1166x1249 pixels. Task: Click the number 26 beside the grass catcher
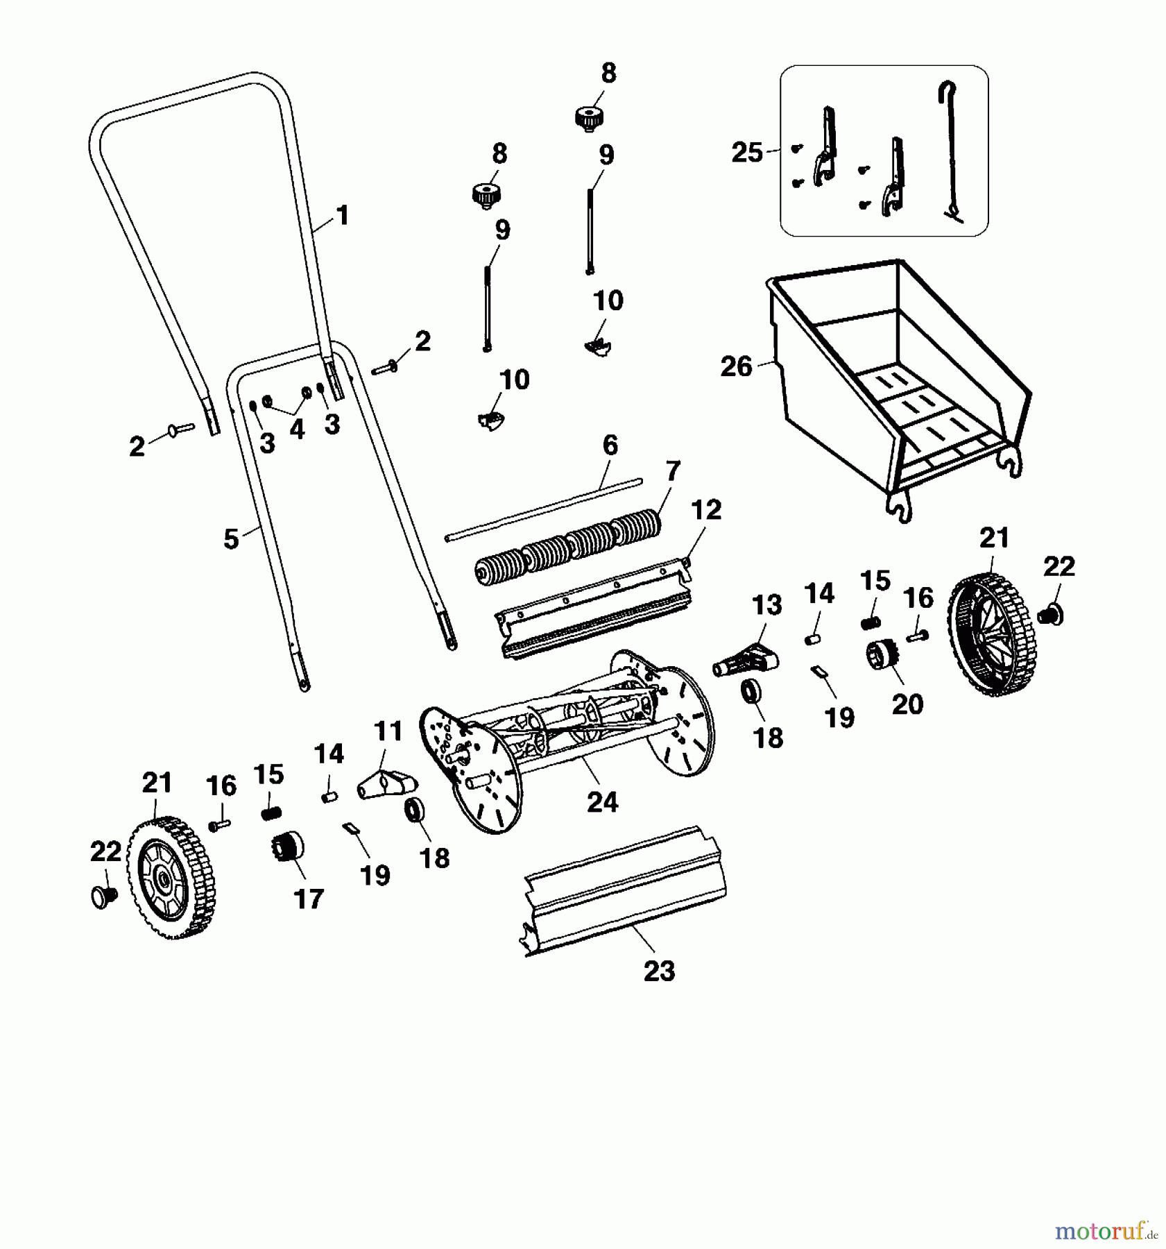[x=736, y=366]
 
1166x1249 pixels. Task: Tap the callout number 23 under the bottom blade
[x=659, y=971]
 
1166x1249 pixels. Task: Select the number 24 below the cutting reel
[x=602, y=802]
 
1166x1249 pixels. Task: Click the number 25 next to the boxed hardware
[x=747, y=152]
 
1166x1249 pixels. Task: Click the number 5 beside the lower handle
[x=231, y=539]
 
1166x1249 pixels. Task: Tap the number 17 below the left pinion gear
[x=309, y=899]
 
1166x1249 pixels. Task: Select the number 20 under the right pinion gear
[x=907, y=704]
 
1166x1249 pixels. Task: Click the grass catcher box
[x=902, y=389]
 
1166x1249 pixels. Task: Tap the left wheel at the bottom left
[x=171, y=878]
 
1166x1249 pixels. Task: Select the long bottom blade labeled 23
[x=624, y=892]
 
